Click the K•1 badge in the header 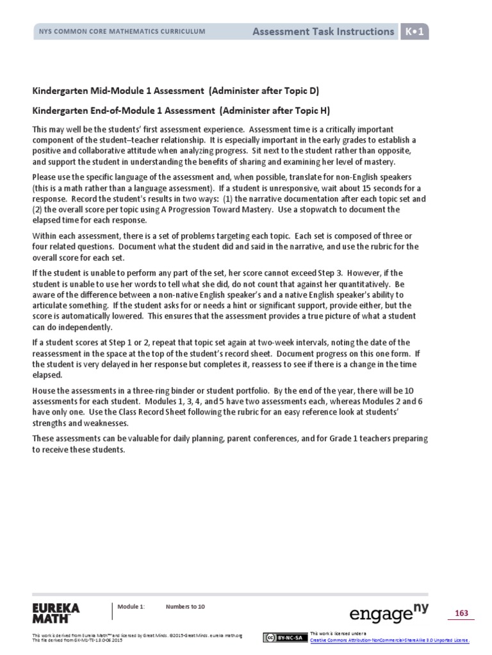click(414, 31)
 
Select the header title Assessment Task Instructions click(323, 31)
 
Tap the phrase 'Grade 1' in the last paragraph click(331, 439)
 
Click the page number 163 click(461, 613)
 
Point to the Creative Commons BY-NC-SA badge click(284, 637)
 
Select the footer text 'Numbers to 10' click(185, 606)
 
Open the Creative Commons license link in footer click(389, 640)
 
